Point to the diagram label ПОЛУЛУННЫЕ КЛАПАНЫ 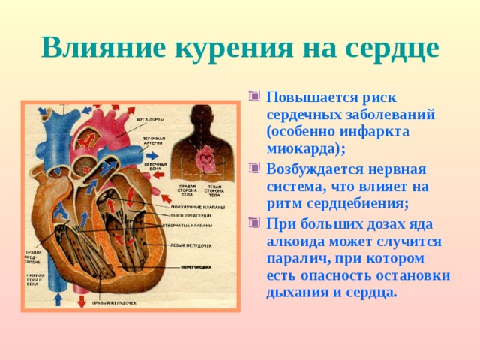[x=193, y=206]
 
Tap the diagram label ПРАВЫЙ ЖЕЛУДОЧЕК [x=113, y=303]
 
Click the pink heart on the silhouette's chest [x=204, y=159]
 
